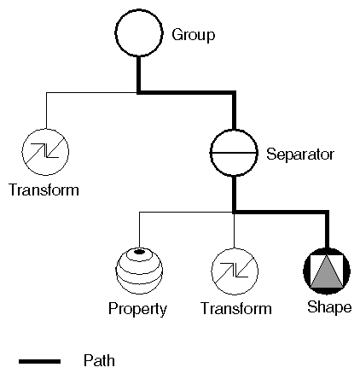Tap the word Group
[x=194, y=35]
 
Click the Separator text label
[x=300, y=155]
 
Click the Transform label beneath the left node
[x=44, y=189]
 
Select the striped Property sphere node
[x=139, y=271]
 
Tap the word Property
[x=137, y=309]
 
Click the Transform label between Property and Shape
[x=236, y=308]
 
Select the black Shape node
[x=327, y=271]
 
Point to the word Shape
[x=329, y=307]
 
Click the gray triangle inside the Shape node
[x=327, y=275]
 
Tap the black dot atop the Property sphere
[x=139, y=252]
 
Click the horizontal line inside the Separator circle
[x=234, y=153]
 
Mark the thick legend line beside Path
[x=39, y=361]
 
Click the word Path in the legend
[x=99, y=361]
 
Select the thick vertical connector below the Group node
[x=139, y=74]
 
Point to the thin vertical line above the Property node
[x=139, y=230]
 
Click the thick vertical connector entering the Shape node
[x=327, y=230]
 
